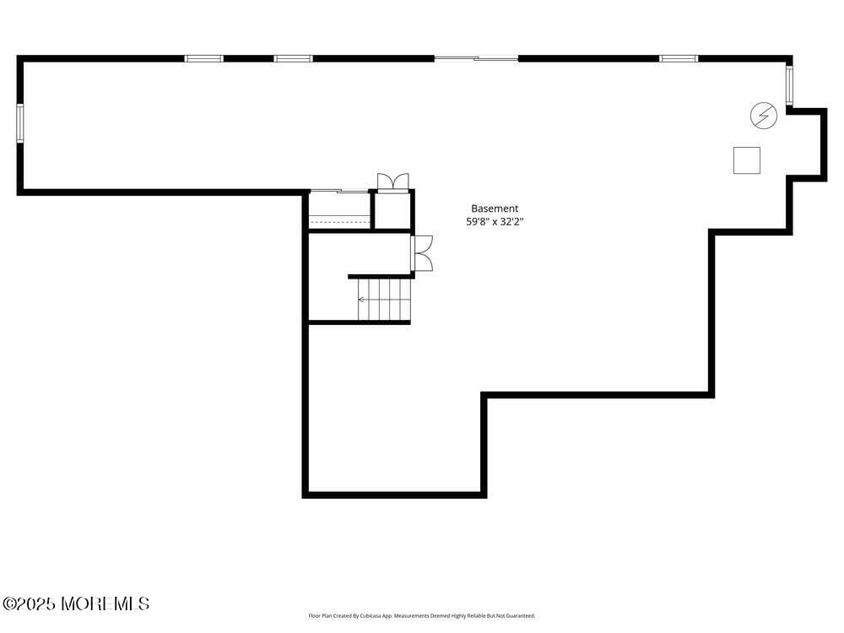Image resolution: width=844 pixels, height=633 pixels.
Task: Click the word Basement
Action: tap(495, 208)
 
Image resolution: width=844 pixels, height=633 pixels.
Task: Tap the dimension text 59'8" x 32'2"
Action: tap(495, 222)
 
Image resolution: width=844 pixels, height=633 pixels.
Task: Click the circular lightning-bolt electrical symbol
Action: tap(764, 116)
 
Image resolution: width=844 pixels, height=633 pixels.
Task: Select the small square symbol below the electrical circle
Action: tap(746, 160)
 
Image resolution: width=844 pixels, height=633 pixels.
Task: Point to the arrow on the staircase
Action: tap(362, 299)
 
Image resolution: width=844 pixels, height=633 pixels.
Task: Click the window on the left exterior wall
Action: tap(19, 123)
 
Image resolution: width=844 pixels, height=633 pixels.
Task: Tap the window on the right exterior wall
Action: tap(790, 85)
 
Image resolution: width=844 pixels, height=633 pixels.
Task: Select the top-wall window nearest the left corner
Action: tap(204, 58)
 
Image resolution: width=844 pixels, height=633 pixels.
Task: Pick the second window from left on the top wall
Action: tap(293, 58)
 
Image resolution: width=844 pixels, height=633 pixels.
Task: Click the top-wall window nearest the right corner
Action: tap(679, 58)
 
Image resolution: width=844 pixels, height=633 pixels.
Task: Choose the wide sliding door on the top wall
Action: tap(476, 58)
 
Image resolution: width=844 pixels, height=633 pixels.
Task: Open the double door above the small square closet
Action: tap(392, 182)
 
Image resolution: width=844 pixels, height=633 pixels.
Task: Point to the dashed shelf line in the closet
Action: tap(340, 221)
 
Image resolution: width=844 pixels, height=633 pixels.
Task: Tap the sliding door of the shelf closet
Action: tap(340, 192)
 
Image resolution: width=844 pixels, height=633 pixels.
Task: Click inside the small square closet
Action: tap(392, 211)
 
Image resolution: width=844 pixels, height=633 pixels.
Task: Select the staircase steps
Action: tap(384, 300)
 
